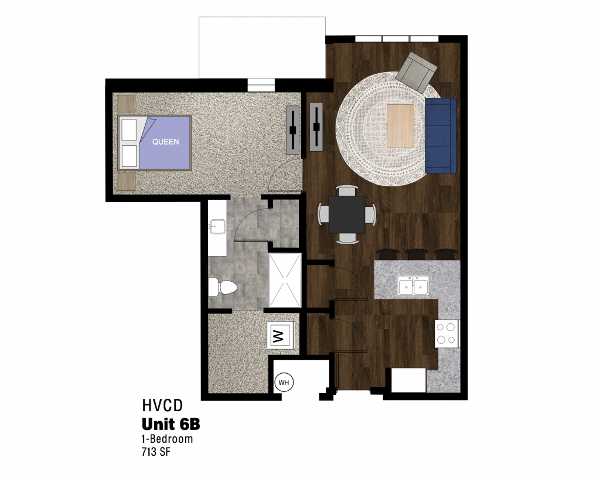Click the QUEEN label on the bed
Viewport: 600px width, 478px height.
(x=165, y=142)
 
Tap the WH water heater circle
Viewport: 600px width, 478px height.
(x=284, y=383)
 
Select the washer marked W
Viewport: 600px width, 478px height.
(x=281, y=336)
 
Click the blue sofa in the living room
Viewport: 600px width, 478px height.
(x=441, y=135)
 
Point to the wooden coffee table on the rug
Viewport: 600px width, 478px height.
(x=400, y=126)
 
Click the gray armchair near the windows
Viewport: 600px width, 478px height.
(x=417, y=72)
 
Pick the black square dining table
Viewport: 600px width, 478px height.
(x=347, y=214)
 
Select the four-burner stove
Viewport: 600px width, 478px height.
(x=447, y=333)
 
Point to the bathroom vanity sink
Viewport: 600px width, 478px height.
(x=217, y=227)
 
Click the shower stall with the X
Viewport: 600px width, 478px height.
(x=285, y=281)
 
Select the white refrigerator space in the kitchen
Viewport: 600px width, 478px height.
(x=408, y=380)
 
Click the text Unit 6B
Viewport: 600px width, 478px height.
(x=171, y=424)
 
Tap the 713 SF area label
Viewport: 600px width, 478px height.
(x=156, y=452)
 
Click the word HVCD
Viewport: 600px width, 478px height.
(x=162, y=405)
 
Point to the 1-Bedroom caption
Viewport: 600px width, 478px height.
(x=167, y=439)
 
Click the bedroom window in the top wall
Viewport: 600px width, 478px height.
(x=261, y=85)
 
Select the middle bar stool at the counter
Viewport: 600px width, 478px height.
(x=417, y=254)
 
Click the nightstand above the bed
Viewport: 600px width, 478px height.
(x=127, y=104)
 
